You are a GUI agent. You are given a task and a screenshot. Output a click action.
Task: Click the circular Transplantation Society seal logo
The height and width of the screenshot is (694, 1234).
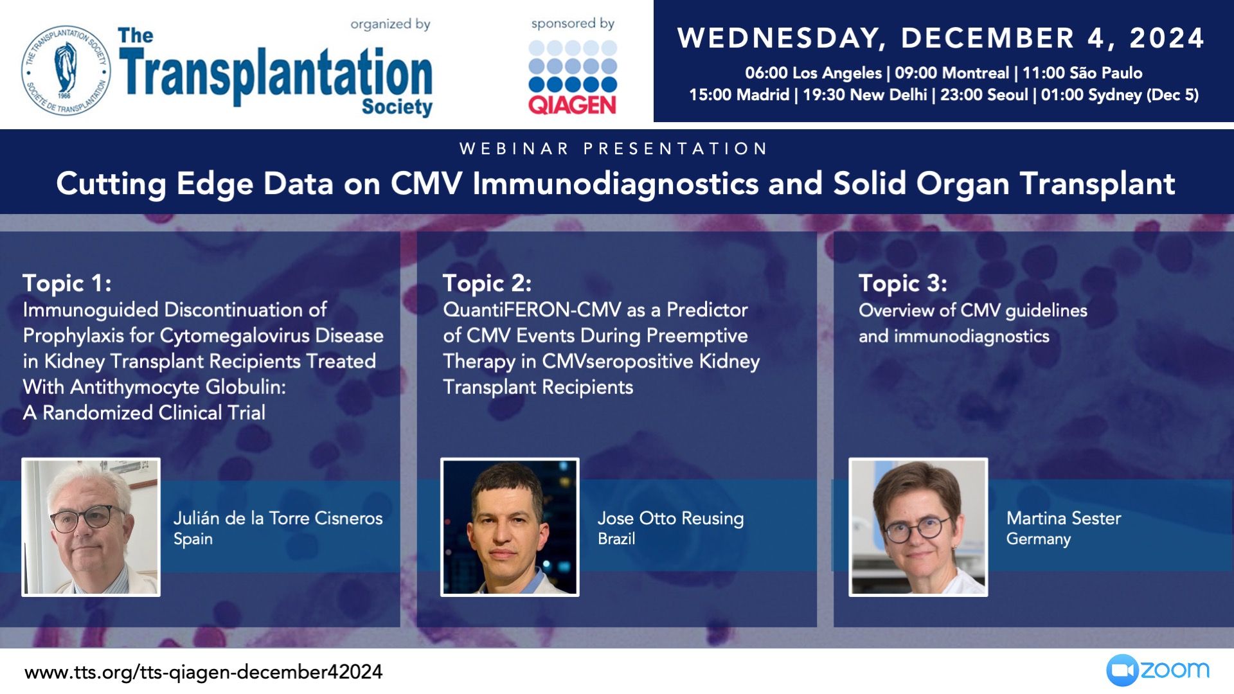click(x=66, y=70)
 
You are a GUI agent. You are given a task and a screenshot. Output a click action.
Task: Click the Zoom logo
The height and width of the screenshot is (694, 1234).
click(x=1158, y=671)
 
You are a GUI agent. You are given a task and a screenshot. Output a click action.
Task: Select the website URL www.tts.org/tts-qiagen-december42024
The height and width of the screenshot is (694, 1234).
click(x=204, y=672)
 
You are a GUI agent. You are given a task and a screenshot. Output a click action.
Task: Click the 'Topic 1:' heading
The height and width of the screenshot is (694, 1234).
click(x=67, y=283)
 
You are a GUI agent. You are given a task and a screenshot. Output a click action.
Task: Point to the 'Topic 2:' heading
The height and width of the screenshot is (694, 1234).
click(x=487, y=283)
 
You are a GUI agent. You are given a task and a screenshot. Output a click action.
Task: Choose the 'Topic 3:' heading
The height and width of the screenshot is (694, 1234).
click(x=903, y=283)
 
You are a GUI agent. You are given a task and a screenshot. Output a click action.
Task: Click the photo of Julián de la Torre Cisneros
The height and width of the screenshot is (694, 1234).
click(x=91, y=527)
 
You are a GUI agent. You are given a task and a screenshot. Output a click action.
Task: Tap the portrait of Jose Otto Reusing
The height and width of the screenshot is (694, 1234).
click(x=510, y=527)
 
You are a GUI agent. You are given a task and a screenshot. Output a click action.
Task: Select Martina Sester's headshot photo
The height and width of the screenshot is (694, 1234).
click(x=918, y=527)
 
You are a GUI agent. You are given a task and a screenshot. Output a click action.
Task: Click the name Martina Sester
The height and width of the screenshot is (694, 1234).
click(x=1064, y=518)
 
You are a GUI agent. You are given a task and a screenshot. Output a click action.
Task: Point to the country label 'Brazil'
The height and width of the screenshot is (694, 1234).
click(x=616, y=538)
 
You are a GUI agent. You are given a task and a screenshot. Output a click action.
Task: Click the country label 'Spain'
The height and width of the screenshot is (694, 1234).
click(x=193, y=539)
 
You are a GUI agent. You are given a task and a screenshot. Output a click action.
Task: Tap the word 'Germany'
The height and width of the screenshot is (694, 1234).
click(x=1039, y=539)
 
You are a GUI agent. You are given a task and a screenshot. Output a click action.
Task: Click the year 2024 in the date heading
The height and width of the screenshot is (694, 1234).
click(x=1167, y=38)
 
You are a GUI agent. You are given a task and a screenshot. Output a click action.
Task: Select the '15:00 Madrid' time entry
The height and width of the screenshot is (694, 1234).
click(x=739, y=95)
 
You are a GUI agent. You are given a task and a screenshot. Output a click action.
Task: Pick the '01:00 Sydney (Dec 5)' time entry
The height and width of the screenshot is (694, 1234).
click(x=1120, y=95)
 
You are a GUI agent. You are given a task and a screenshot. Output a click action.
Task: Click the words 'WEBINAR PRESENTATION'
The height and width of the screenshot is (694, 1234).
click(x=614, y=149)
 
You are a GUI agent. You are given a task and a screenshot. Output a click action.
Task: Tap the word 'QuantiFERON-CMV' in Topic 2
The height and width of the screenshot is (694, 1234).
click(x=532, y=310)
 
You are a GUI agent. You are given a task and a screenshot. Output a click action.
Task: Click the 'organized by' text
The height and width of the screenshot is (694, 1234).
click(x=390, y=24)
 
